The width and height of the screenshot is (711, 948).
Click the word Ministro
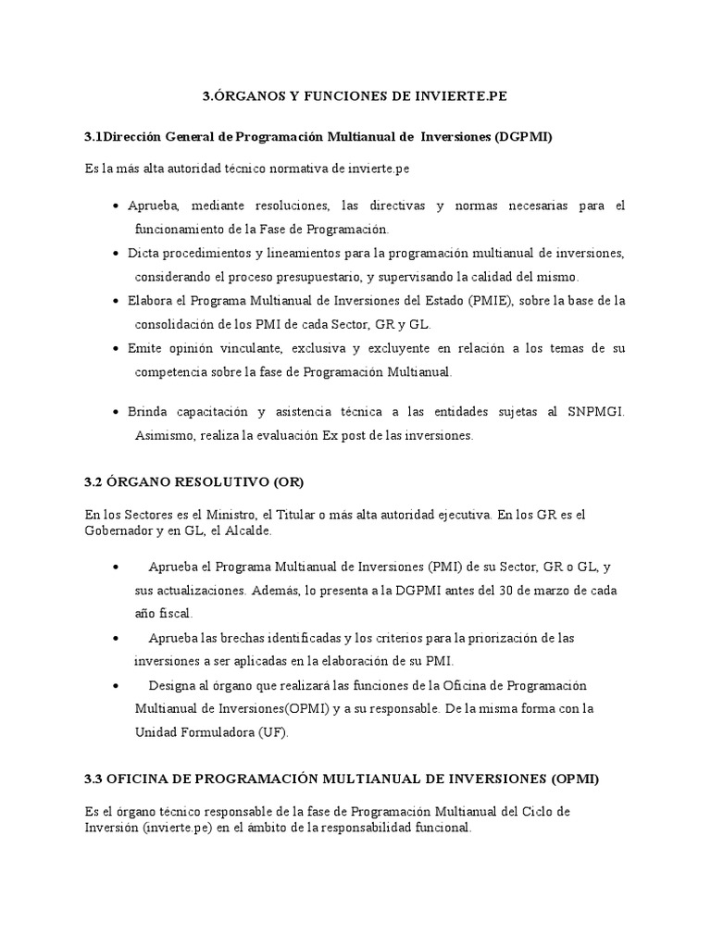[213, 516]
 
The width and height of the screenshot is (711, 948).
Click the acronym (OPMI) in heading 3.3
[575, 780]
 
